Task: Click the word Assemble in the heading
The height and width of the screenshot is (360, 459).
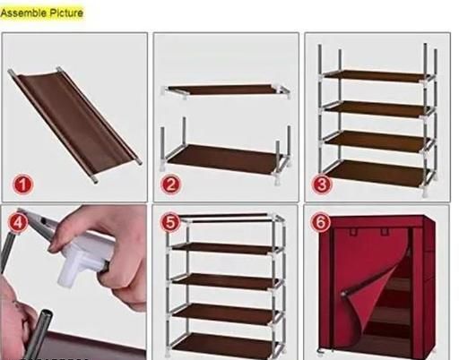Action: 23,13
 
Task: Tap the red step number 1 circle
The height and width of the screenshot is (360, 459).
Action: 23,184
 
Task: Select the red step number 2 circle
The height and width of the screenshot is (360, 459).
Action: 170,184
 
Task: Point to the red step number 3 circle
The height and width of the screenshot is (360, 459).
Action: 322,184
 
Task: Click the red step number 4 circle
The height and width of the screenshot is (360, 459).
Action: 18,222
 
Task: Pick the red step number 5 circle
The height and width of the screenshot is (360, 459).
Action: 170,222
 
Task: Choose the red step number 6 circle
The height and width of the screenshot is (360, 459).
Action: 321,222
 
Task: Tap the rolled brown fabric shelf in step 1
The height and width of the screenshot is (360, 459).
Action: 74,123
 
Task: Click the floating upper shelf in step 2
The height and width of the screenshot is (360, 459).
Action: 226,90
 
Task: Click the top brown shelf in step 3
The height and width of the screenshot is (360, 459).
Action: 375,76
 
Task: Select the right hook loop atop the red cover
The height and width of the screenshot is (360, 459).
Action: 385,232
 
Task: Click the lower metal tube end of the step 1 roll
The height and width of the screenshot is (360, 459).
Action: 95,180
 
